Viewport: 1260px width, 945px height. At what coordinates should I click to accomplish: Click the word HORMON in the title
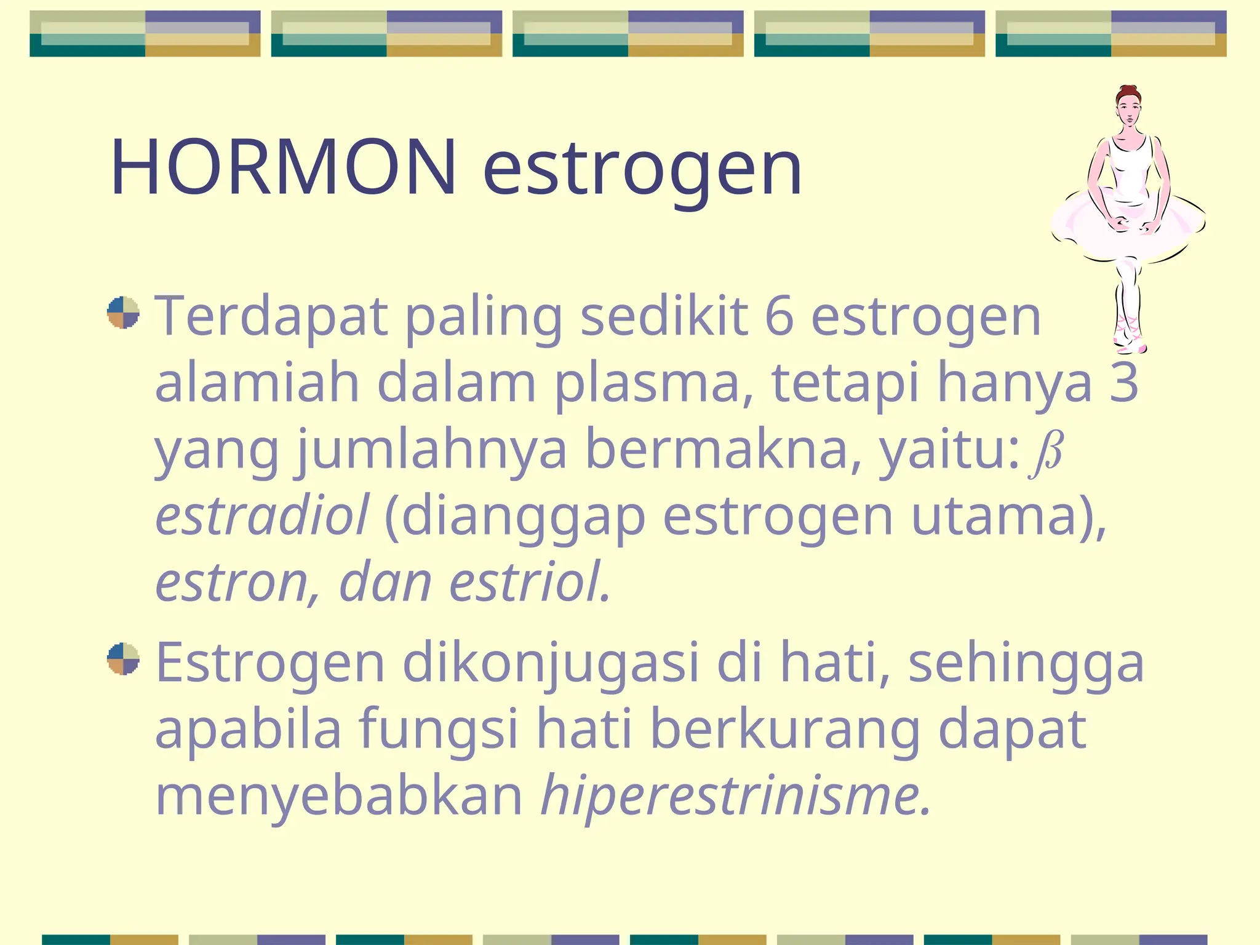click(283, 167)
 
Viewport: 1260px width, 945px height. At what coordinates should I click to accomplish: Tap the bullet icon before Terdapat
click(123, 313)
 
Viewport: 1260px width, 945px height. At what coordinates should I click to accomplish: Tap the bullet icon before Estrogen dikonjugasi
click(123, 659)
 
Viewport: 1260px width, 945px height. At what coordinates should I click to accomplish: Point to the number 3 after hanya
click(1123, 383)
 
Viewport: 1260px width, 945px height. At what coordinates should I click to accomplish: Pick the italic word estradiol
click(262, 516)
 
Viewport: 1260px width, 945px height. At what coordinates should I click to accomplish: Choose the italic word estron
click(231, 582)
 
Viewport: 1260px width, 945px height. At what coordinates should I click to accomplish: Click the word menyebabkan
click(339, 796)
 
